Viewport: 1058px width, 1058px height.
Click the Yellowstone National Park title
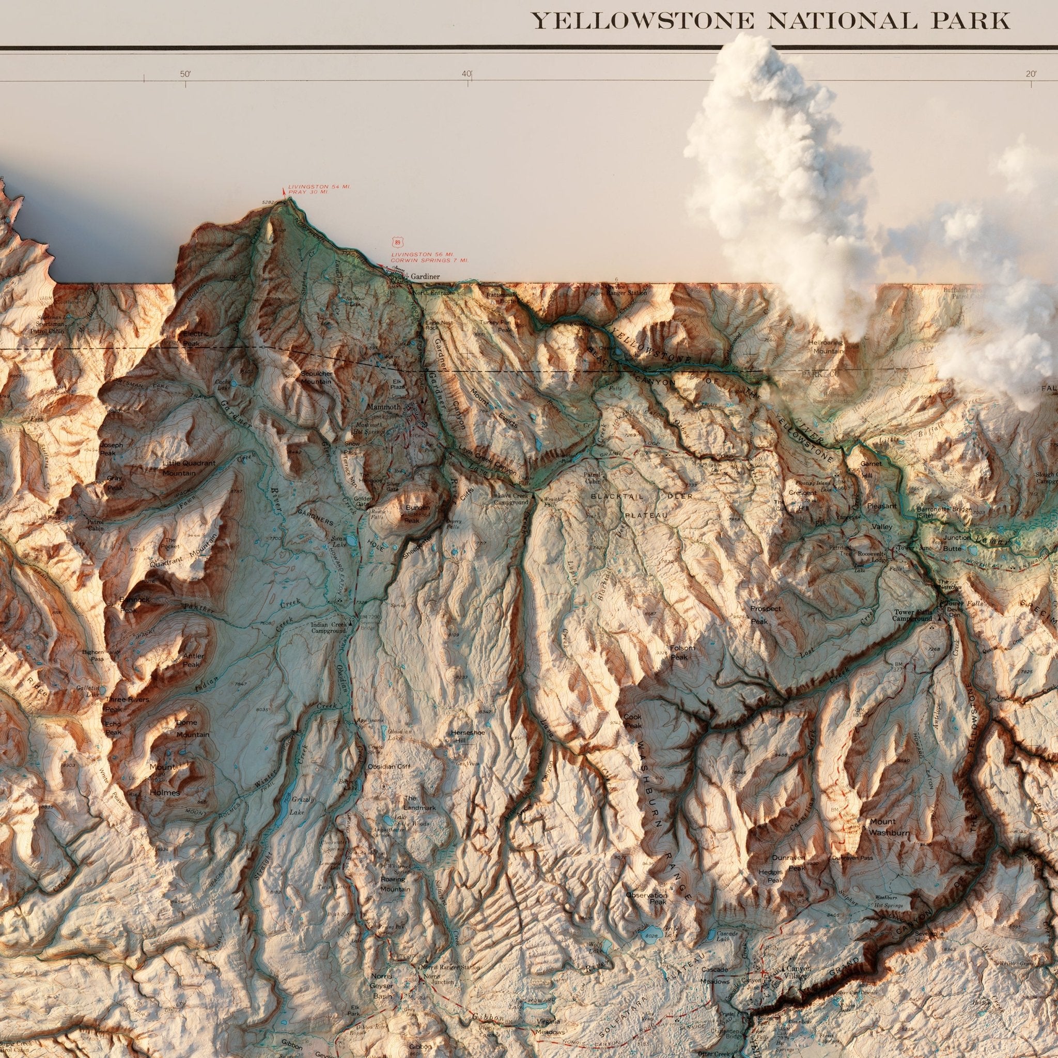point(772,20)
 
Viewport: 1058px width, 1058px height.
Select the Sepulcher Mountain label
point(317,377)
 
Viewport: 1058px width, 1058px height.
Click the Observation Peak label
point(647,896)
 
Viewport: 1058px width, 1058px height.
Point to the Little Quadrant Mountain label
point(189,467)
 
